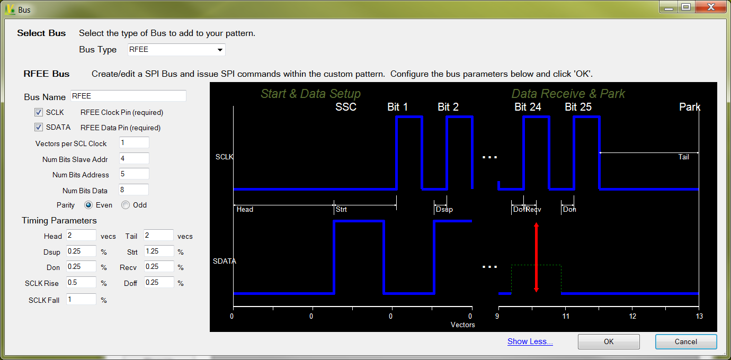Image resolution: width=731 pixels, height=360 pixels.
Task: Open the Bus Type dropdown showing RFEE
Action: (x=176, y=50)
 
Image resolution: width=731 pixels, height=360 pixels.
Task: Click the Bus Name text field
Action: (x=128, y=96)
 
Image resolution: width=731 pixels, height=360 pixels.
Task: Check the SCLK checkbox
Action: (x=39, y=112)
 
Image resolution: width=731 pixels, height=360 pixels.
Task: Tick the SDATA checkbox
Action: (x=39, y=127)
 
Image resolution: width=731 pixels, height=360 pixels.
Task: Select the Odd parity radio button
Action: (x=126, y=205)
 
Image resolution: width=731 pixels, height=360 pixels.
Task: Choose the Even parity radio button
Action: (x=88, y=205)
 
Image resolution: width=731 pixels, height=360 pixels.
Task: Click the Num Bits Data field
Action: (x=134, y=190)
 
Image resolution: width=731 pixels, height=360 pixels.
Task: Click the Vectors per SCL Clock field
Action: (x=134, y=143)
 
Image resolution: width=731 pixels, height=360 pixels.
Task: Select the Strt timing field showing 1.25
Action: (x=159, y=251)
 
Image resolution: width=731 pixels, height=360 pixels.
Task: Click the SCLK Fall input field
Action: (x=81, y=299)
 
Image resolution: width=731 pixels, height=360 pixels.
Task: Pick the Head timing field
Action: (x=81, y=235)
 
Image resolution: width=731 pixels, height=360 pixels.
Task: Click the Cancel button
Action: (x=685, y=341)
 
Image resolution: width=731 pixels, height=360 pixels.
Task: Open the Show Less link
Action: (x=530, y=341)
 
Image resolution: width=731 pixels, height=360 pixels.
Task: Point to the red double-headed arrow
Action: (x=536, y=257)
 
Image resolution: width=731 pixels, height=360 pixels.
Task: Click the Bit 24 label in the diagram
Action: (x=528, y=107)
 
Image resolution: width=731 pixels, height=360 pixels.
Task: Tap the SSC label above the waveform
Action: (x=346, y=107)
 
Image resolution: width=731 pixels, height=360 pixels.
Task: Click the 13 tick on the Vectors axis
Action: (x=699, y=316)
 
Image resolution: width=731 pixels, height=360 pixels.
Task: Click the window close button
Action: (x=718, y=7)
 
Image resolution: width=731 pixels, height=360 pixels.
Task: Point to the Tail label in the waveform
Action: (x=684, y=157)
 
